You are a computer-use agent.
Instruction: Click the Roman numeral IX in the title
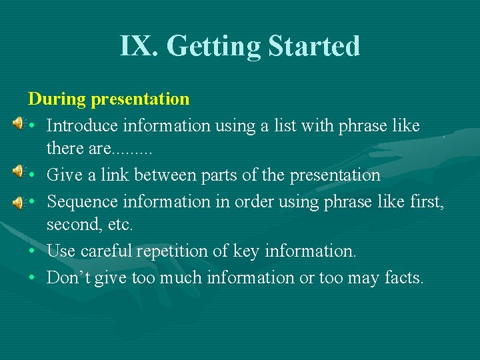pos(138,47)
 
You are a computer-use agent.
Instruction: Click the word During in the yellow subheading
pos(57,99)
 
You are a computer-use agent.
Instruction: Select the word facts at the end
pos(403,277)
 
